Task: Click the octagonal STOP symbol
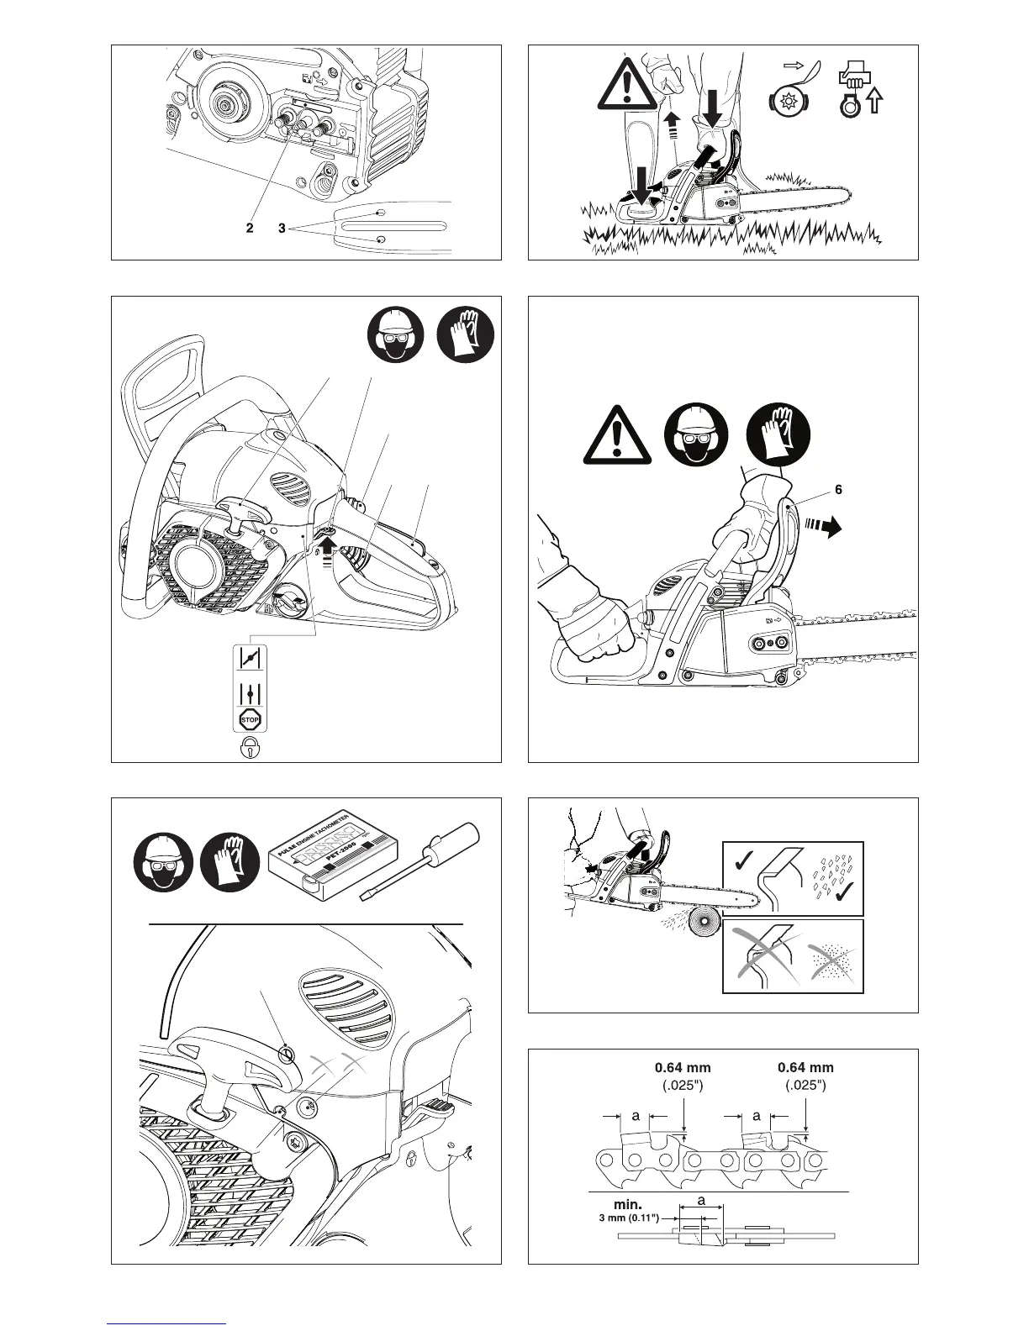[251, 720]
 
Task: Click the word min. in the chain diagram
[628, 1205]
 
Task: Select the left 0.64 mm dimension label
[683, 1068]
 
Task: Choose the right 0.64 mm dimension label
[805, 1068]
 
